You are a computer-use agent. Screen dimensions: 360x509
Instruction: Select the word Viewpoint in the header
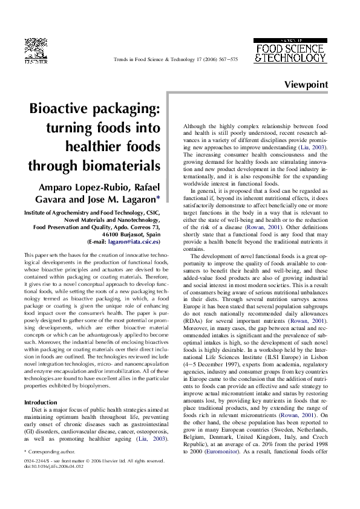tap(306, 84)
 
